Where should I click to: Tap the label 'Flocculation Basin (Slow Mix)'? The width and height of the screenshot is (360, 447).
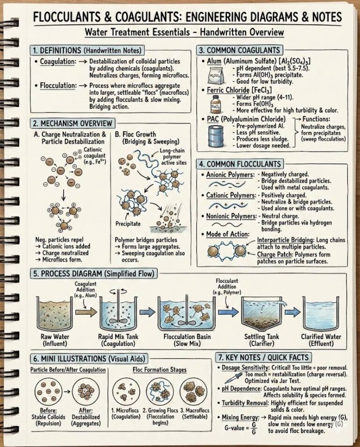coord(189,340)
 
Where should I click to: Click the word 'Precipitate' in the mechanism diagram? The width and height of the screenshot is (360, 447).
coord(128,224)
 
